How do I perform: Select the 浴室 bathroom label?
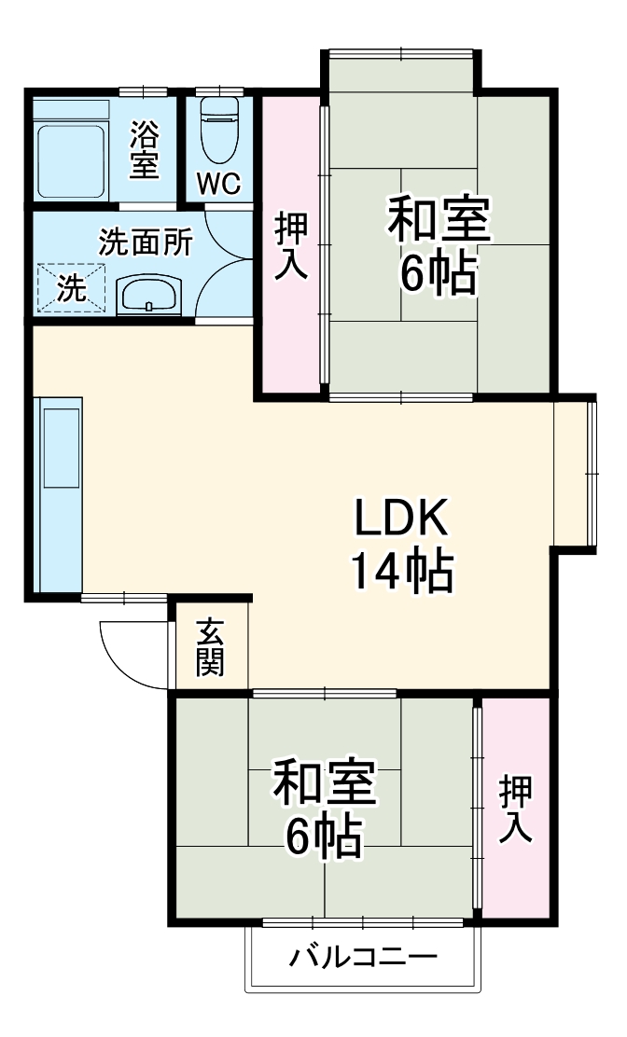pyautogui.click(x=144, y=149)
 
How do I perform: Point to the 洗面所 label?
pyautogui.click(x=146, y=242)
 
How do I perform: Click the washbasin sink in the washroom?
pyautogui.click(x=148, y=296)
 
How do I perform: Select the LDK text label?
pyautogui.click(x=401, y=518)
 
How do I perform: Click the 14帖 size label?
pyautogui.click(x=401, y=571)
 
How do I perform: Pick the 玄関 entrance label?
pyautogui.click(x=210, y=647)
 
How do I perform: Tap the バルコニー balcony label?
pyautogui.click(x=363, y=958)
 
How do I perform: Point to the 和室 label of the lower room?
pyautogui.click(x=324, y=783)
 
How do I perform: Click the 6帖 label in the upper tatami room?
pyautogui.click(x=439, y=272)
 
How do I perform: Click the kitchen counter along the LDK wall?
pyautogui.click(x=58, y=494)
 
